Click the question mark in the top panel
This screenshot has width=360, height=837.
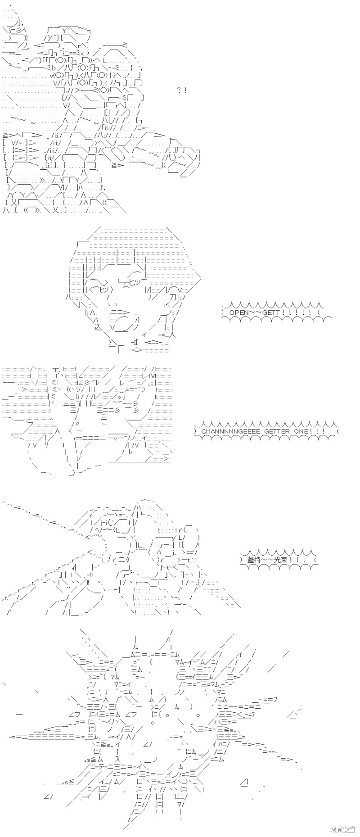(180, 90)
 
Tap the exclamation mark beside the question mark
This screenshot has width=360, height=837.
(185, 90)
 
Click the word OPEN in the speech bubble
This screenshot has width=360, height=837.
(238, 312)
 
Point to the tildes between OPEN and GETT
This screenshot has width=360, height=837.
(255, 312)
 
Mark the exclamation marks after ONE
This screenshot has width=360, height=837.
(319, 431)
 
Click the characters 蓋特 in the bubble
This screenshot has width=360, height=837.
(254, 559)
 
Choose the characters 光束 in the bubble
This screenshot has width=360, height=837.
(281, 559)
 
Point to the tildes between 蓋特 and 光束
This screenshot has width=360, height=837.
(268, 559)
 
